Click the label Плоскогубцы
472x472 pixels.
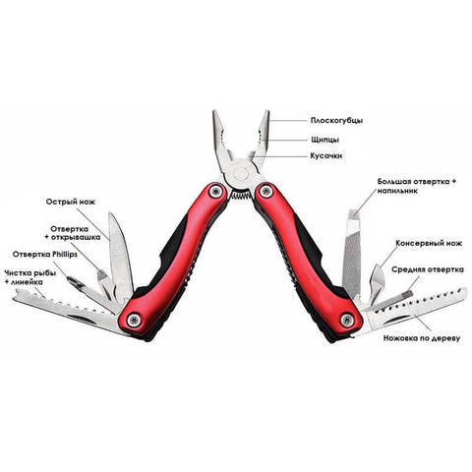(x=336, y=121)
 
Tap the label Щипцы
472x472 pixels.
(x=325, y=140)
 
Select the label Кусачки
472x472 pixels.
(x=326, y=155)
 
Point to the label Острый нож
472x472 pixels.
(x=71, y=202)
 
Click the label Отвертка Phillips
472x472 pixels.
(x=45, y=254)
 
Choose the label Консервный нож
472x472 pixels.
(x=429, y=243)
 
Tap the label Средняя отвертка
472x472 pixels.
(x=428, y=269)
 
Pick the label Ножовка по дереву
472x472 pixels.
(x=422, y=338)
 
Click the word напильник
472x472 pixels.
(x=397, y=191)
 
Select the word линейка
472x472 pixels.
(x=27, y=282)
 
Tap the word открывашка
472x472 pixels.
(x=75, y=237)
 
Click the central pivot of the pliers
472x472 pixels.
(x=240, y=173)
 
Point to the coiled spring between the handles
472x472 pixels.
(x=241, y=196)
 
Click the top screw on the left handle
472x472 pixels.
(x=215, y=192)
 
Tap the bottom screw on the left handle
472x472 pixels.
(x=134, y=320)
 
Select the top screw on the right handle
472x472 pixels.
(x=265, y=191)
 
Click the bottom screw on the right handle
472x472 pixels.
(x=347, y=320)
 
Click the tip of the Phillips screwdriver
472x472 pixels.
(x=69, y=278)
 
